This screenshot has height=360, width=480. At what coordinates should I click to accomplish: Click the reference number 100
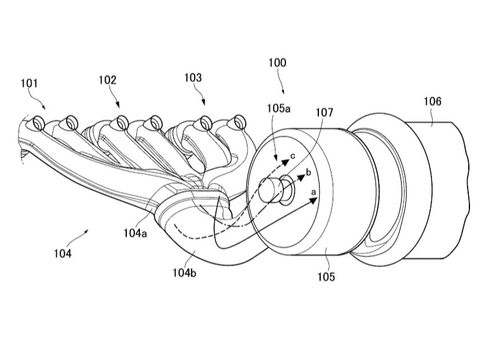(277, 62)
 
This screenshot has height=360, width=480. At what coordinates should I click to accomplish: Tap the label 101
(29, 83)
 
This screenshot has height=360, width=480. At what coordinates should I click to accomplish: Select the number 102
(108, 80)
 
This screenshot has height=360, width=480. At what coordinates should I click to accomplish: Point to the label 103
(193, 78)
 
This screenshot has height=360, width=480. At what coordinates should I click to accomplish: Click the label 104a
(136, 233)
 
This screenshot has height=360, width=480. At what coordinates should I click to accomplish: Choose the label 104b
(184, 272)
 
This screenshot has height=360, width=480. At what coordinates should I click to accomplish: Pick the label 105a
(279, 108)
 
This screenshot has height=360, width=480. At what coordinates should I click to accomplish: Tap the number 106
(432, 101)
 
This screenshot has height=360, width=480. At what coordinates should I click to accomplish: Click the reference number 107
(324, 113)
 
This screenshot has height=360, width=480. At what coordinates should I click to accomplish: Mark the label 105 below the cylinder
(326, 277)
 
